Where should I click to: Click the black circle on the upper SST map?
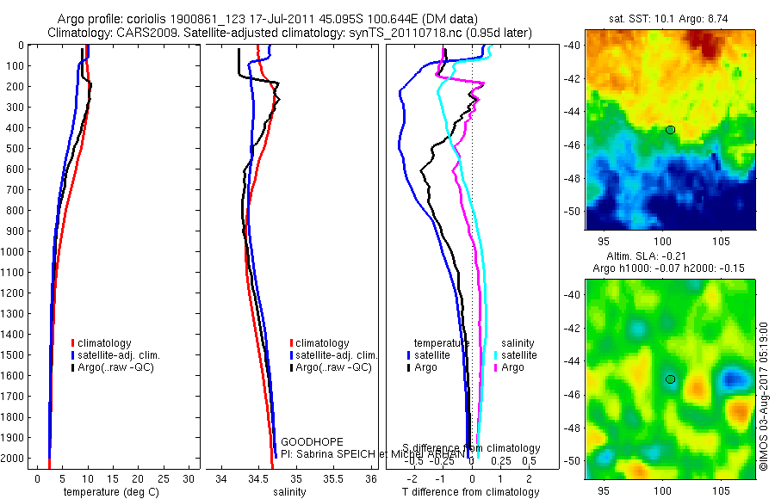pyautogui.click(x=670, y=130)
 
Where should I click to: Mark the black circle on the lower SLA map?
pyautogui.click(x=670, y=379)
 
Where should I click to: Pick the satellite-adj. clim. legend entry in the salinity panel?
pyautogui.click(x=336, y=355)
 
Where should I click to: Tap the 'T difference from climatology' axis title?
pyautogui.click(x=471, y=492)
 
